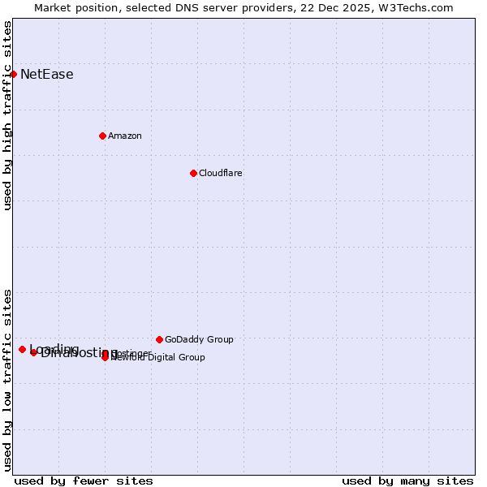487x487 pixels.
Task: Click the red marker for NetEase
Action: coord(13,74)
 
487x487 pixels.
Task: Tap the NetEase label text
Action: coord(47,75)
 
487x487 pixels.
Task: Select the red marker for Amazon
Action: coord(102,136)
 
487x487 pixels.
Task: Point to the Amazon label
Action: coord(125,136)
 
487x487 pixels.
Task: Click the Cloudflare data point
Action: coord(193,173)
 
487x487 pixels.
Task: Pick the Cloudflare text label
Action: coord(221,173)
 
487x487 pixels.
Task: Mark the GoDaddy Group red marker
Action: coord(159,339)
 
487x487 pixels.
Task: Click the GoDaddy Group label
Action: coord(199,339)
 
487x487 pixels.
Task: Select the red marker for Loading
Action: coord(22,349)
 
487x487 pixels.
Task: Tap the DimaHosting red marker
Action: coord(33,352)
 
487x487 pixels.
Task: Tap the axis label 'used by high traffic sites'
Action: coord(7,115)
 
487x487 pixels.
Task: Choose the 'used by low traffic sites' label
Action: coord(7,379)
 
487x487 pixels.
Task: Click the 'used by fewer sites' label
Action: coord(84,481)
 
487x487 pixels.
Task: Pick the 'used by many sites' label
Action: coord(407,481)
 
